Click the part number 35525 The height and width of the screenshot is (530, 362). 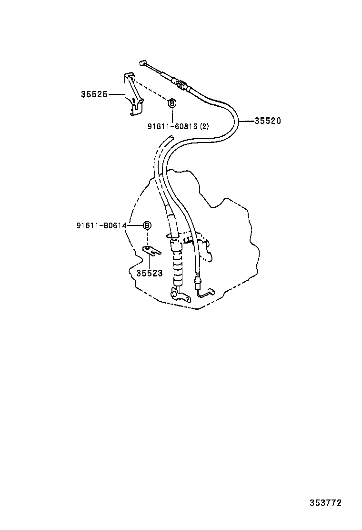(94, 94)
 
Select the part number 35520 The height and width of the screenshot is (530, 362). (267, 121)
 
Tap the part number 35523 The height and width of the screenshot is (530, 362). (150, 273)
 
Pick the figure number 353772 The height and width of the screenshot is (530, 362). (326, 502)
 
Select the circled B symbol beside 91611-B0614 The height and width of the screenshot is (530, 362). (147, 225)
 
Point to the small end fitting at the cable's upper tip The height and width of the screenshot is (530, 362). (142, 63)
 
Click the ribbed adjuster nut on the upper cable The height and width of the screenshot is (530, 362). (181, 85)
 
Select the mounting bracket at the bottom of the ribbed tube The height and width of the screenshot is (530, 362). (179, 296)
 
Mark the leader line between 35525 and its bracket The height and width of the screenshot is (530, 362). (117, 94)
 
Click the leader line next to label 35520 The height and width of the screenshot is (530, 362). (247, 121)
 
